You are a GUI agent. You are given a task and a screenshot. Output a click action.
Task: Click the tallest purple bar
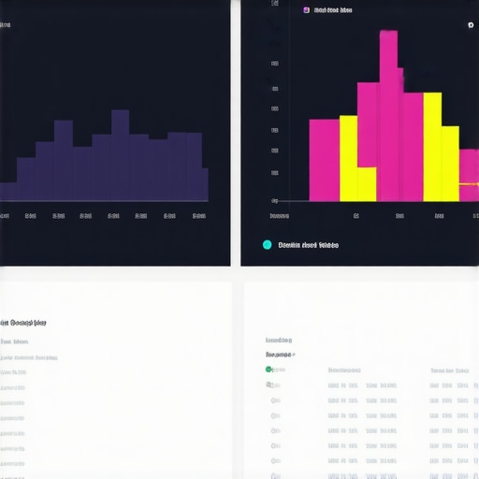120,154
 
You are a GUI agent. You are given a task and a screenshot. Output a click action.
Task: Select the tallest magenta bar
390,117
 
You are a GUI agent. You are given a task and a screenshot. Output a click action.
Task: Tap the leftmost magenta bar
324,159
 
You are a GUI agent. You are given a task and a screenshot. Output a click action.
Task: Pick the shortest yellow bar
367,184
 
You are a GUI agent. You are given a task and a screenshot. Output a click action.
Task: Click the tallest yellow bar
432,147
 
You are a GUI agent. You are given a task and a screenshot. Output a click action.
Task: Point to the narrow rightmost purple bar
205,184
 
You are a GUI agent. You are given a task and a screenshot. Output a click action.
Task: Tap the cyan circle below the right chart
268,245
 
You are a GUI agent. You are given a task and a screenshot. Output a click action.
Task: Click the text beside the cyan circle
309,245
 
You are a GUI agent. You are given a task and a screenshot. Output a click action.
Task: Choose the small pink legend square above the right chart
306,10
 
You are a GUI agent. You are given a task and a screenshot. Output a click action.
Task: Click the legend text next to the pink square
333,10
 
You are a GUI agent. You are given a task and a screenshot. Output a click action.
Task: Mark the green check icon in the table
269,370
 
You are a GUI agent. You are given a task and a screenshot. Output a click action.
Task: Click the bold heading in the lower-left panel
23,323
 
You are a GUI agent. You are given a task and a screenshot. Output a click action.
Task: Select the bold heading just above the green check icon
278,355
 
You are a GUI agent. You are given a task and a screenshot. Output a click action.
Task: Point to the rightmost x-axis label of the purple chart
199,215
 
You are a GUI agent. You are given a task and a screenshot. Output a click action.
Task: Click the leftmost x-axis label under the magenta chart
279,215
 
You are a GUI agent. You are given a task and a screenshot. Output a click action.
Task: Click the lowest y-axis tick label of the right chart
274,200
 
